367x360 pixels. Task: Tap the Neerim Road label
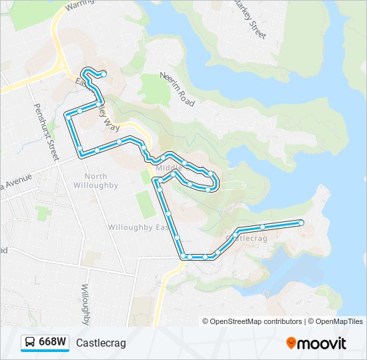[x=177, y=89]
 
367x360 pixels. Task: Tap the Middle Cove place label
[x=169, y=168]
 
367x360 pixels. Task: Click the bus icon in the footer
[x=30, y=343]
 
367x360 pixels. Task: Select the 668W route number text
[x=52, y=343]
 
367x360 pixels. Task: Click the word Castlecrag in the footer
[x=101, y=343]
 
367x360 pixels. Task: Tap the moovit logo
[x=316, y=343]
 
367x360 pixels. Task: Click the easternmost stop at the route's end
[x=301, y=223]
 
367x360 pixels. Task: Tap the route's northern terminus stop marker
[x=103, y=73]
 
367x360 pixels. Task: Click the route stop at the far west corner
[x=67, y=116]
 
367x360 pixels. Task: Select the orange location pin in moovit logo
[x=291, y=343]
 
